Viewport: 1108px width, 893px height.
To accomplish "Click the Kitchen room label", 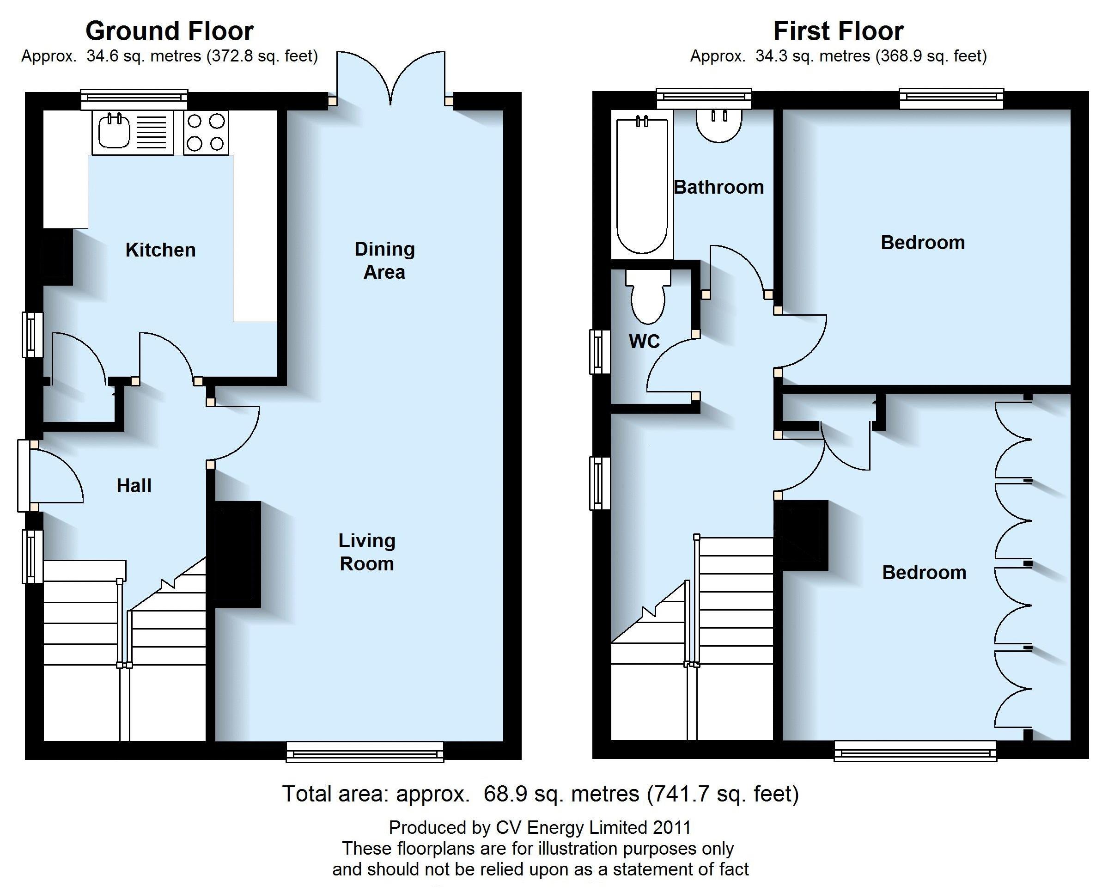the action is pos(160,250).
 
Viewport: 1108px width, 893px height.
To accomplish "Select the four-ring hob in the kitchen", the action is pos(206,132).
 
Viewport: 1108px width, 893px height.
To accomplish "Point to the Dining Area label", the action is pos(384,260).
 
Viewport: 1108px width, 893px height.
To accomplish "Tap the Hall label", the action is pos(134,486).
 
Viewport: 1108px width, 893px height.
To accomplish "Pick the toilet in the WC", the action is pos(648,296).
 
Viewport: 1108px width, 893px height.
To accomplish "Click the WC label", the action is pos(644,341).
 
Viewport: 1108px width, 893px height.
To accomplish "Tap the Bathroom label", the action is pos(719,187).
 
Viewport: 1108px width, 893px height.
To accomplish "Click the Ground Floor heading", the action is pos(170,31).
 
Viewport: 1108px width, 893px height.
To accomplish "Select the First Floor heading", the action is pos(839,31).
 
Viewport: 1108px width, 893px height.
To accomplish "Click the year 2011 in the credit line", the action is pos(671,827).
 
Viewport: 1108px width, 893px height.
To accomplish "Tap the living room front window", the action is pos(365,752).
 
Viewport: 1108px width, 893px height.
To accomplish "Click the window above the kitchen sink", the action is pos(134,100).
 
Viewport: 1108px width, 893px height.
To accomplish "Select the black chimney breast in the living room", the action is pos(234,555).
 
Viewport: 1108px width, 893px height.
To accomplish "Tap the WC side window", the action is pos(599,352).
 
